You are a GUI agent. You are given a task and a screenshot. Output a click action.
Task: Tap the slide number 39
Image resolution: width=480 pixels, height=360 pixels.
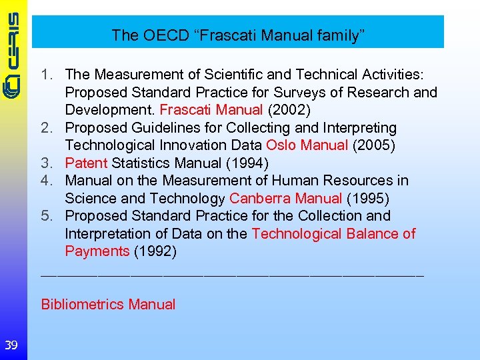[x=11, y=345]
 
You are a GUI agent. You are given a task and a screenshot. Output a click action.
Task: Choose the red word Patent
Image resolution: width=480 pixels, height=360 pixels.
[x=86, y=163]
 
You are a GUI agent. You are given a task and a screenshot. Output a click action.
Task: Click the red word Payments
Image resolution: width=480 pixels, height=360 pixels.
[x=97, y=251]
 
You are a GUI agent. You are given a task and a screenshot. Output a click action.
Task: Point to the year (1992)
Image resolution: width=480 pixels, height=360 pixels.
[x=155, y=251]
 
